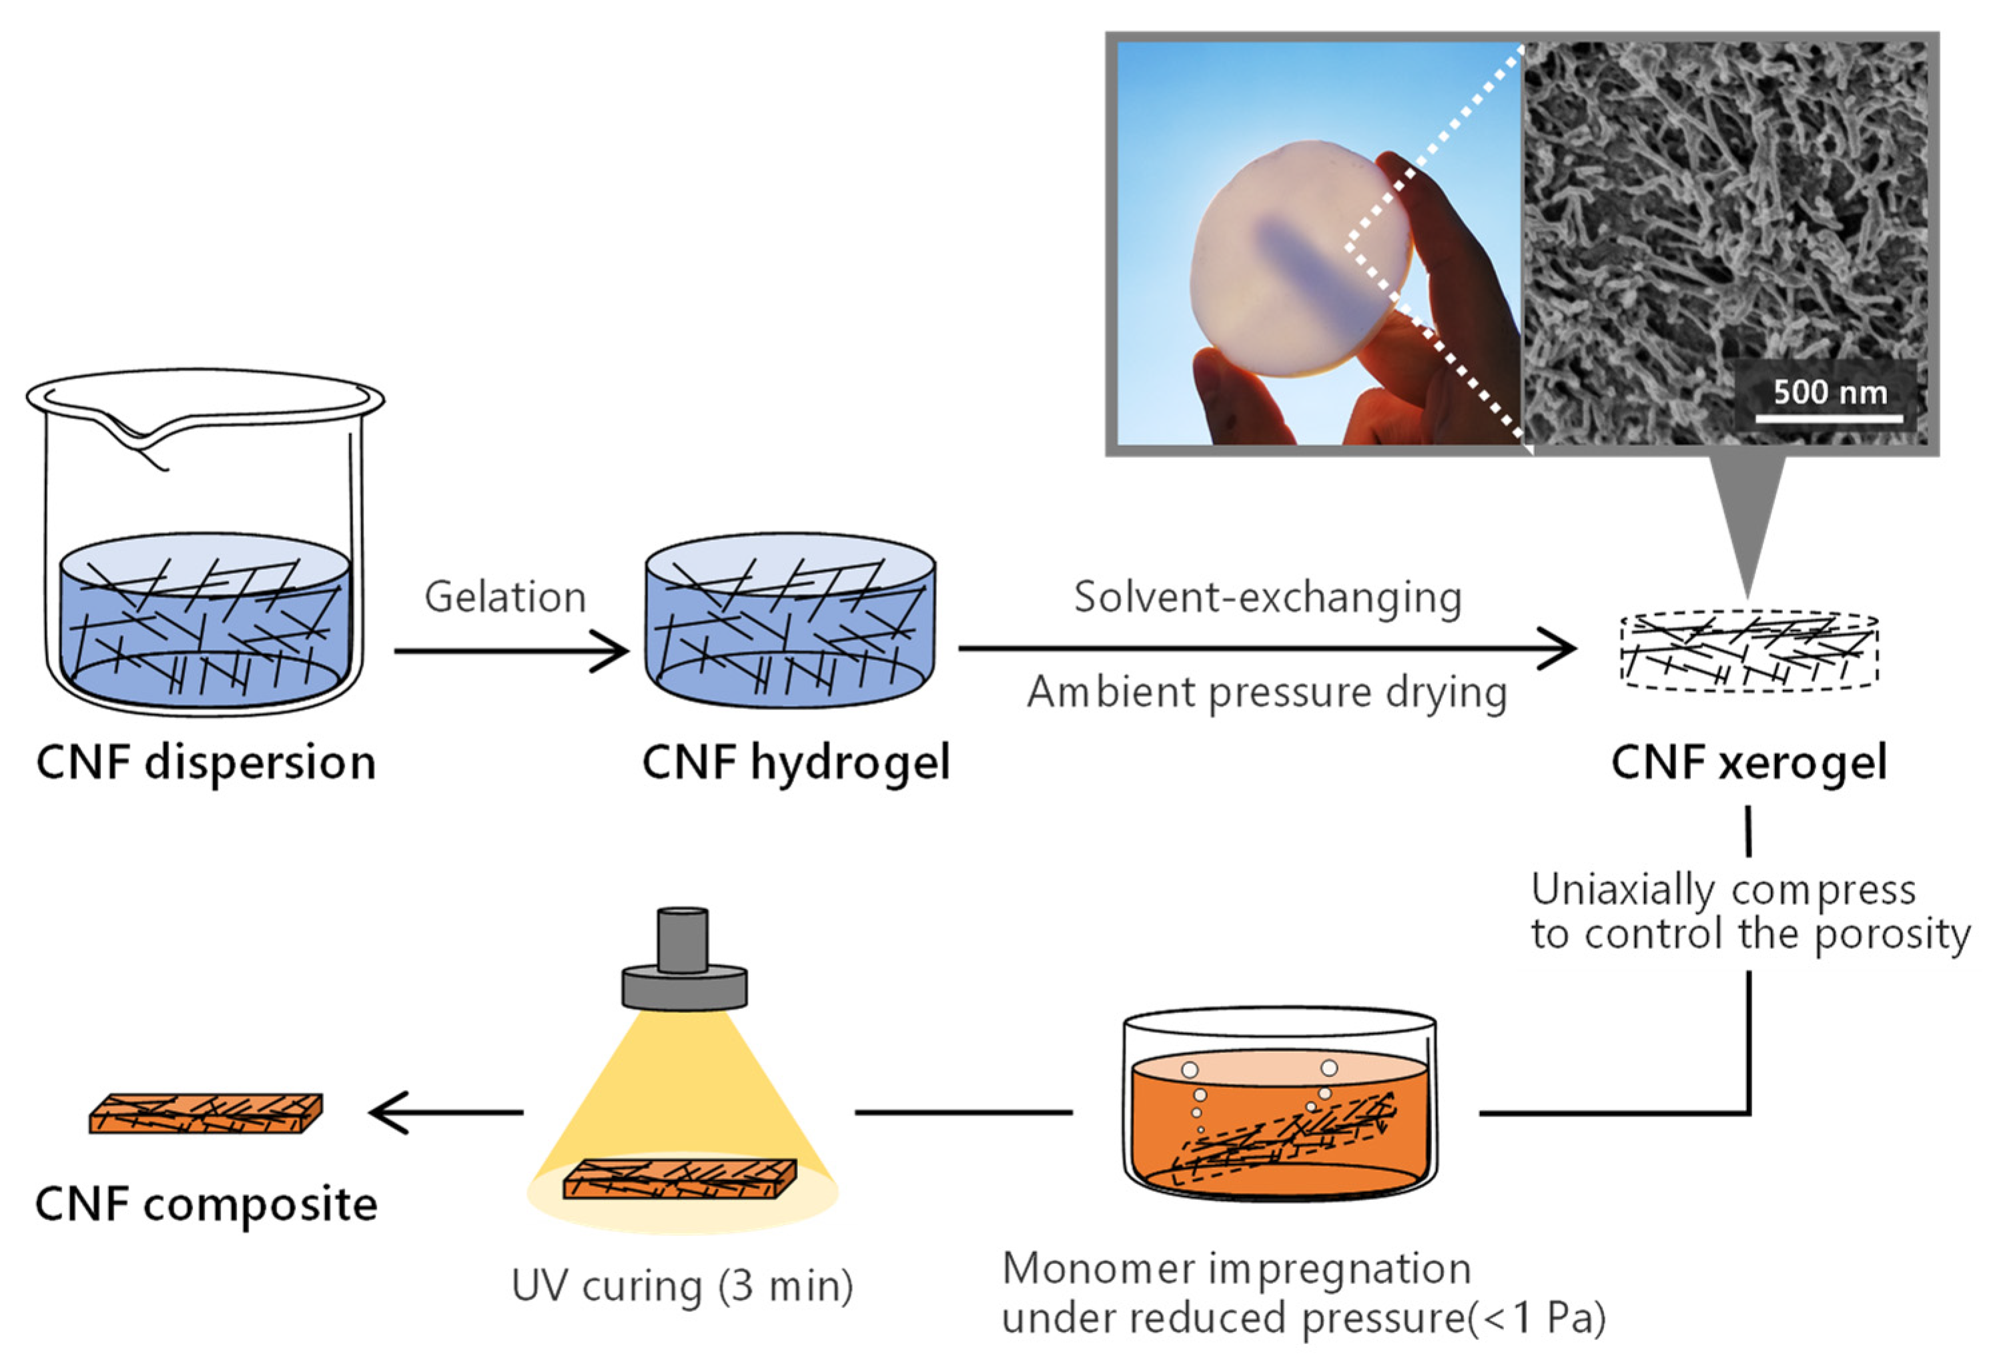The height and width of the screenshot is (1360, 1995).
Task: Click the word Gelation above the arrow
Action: [505, 597]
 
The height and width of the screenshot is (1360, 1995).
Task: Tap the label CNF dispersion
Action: [206, 763]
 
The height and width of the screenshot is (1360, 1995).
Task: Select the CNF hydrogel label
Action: [796, 763]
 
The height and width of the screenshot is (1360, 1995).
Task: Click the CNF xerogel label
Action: [1749, 763]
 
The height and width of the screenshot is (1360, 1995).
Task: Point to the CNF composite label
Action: [206, 1205]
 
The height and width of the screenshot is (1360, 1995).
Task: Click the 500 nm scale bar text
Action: [1830, 392]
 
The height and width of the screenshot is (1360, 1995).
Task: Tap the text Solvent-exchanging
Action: [1267, 597]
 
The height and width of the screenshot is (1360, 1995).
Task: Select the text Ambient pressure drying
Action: [1267, 692]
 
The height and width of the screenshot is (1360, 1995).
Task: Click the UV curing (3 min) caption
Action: [683, 1286]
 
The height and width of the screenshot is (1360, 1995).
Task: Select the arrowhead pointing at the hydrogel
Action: [611, 651]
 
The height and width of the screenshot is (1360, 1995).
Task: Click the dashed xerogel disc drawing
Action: [1749, 650]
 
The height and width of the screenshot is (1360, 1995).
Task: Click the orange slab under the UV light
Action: [680, 1178]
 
